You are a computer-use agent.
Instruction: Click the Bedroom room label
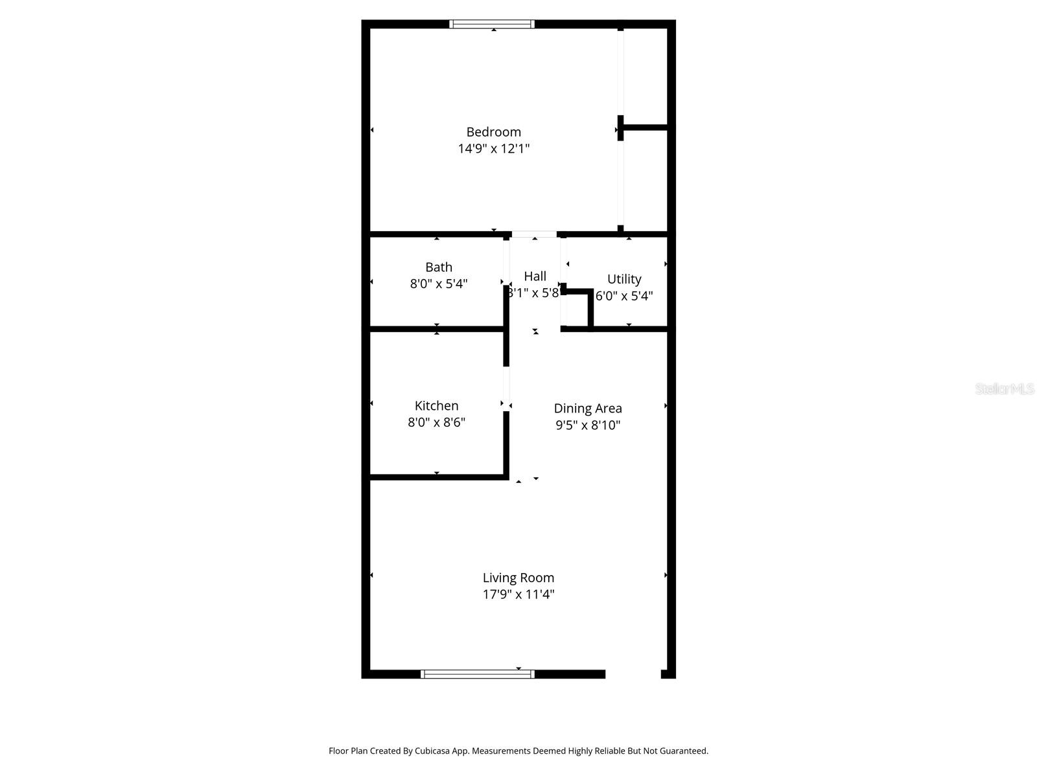tap(493, 132)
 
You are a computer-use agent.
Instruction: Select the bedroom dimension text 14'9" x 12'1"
tap(493, 149)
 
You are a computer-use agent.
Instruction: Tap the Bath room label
tap(439, 267)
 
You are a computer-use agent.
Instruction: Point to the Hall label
tap(535, 276)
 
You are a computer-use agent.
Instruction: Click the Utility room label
tap(624, 279)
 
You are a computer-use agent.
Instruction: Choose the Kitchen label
tap(436, 406)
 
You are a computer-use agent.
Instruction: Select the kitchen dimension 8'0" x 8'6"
tap(436, 423)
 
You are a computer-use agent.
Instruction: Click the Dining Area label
tap(587, 409)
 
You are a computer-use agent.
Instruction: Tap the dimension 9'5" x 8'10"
tap(587, 425)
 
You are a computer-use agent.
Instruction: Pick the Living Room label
tap(518, 578)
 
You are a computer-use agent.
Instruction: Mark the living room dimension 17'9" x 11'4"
tap(518, 594)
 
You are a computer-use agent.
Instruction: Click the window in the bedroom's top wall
tap(492, 25)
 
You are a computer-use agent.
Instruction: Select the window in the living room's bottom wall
tap(478, 674)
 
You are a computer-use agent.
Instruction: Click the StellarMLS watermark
tap(1005, 388)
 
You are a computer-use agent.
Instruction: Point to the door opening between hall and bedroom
tap(534, 234)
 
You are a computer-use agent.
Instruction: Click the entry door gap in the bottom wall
tap(633, 674)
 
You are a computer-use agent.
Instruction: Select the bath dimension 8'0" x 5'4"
tap(439, 284)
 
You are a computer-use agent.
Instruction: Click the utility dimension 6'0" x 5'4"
tap(624, 296)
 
